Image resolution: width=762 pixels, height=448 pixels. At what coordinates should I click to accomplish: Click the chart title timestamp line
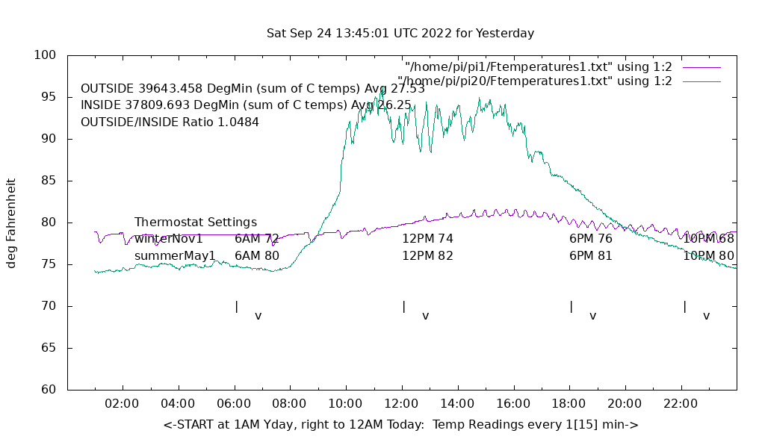pyautogui.click(x=400, y=34)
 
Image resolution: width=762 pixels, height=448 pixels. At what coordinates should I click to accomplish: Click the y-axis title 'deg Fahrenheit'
pyautogui.click(x=11, y=223)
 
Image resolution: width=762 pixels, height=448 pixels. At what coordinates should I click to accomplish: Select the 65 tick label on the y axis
pyautogui.click(x=49, y=348)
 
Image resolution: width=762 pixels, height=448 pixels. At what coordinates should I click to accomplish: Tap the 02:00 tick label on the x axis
pyautogui.click(x=123, y=404)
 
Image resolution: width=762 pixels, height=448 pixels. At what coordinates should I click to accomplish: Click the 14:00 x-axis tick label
pyautogui.click(x=457, y=404)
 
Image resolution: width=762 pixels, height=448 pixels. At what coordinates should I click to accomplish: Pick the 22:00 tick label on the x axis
pyautogui.click(x=681, y=404)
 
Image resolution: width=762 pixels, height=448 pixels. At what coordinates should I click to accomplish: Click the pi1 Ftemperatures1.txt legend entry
pyautogui.click(x=538, y=66)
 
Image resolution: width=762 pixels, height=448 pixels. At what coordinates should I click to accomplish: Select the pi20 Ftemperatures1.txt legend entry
pyautogui.click(x=535, y=81)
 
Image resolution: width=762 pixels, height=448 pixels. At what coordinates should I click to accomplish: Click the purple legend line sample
pyautogui.click(x=701, y=67)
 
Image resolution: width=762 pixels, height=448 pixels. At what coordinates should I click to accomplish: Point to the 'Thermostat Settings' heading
pyautogui.click(x=196, y=223)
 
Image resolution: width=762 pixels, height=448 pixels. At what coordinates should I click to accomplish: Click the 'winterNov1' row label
pyautogui.click(x=169, y=239)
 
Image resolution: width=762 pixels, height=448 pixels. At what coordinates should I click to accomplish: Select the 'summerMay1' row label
pyautogui.click(x=175, y=256)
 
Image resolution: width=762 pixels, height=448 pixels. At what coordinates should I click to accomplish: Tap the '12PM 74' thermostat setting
pyautogui.click(x=427, y=239)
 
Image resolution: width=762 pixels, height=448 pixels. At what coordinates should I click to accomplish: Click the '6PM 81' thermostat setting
pyautogui.click(x=590, y=256)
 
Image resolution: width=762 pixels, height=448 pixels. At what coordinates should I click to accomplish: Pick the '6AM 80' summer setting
pyautogui.click(x=256, y=256)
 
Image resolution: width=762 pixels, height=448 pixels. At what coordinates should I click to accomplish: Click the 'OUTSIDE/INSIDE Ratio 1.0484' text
pyautogui.click(x=170, y=122)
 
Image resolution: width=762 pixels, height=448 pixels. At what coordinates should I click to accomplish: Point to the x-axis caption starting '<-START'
pyautogui.click(x=400, y=425)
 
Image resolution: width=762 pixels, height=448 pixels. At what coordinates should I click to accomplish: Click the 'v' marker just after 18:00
pyautogui.click(x=592, y=317)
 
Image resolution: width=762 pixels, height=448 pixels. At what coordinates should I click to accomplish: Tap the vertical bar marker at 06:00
pyautogui.click(x=237, y=307)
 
